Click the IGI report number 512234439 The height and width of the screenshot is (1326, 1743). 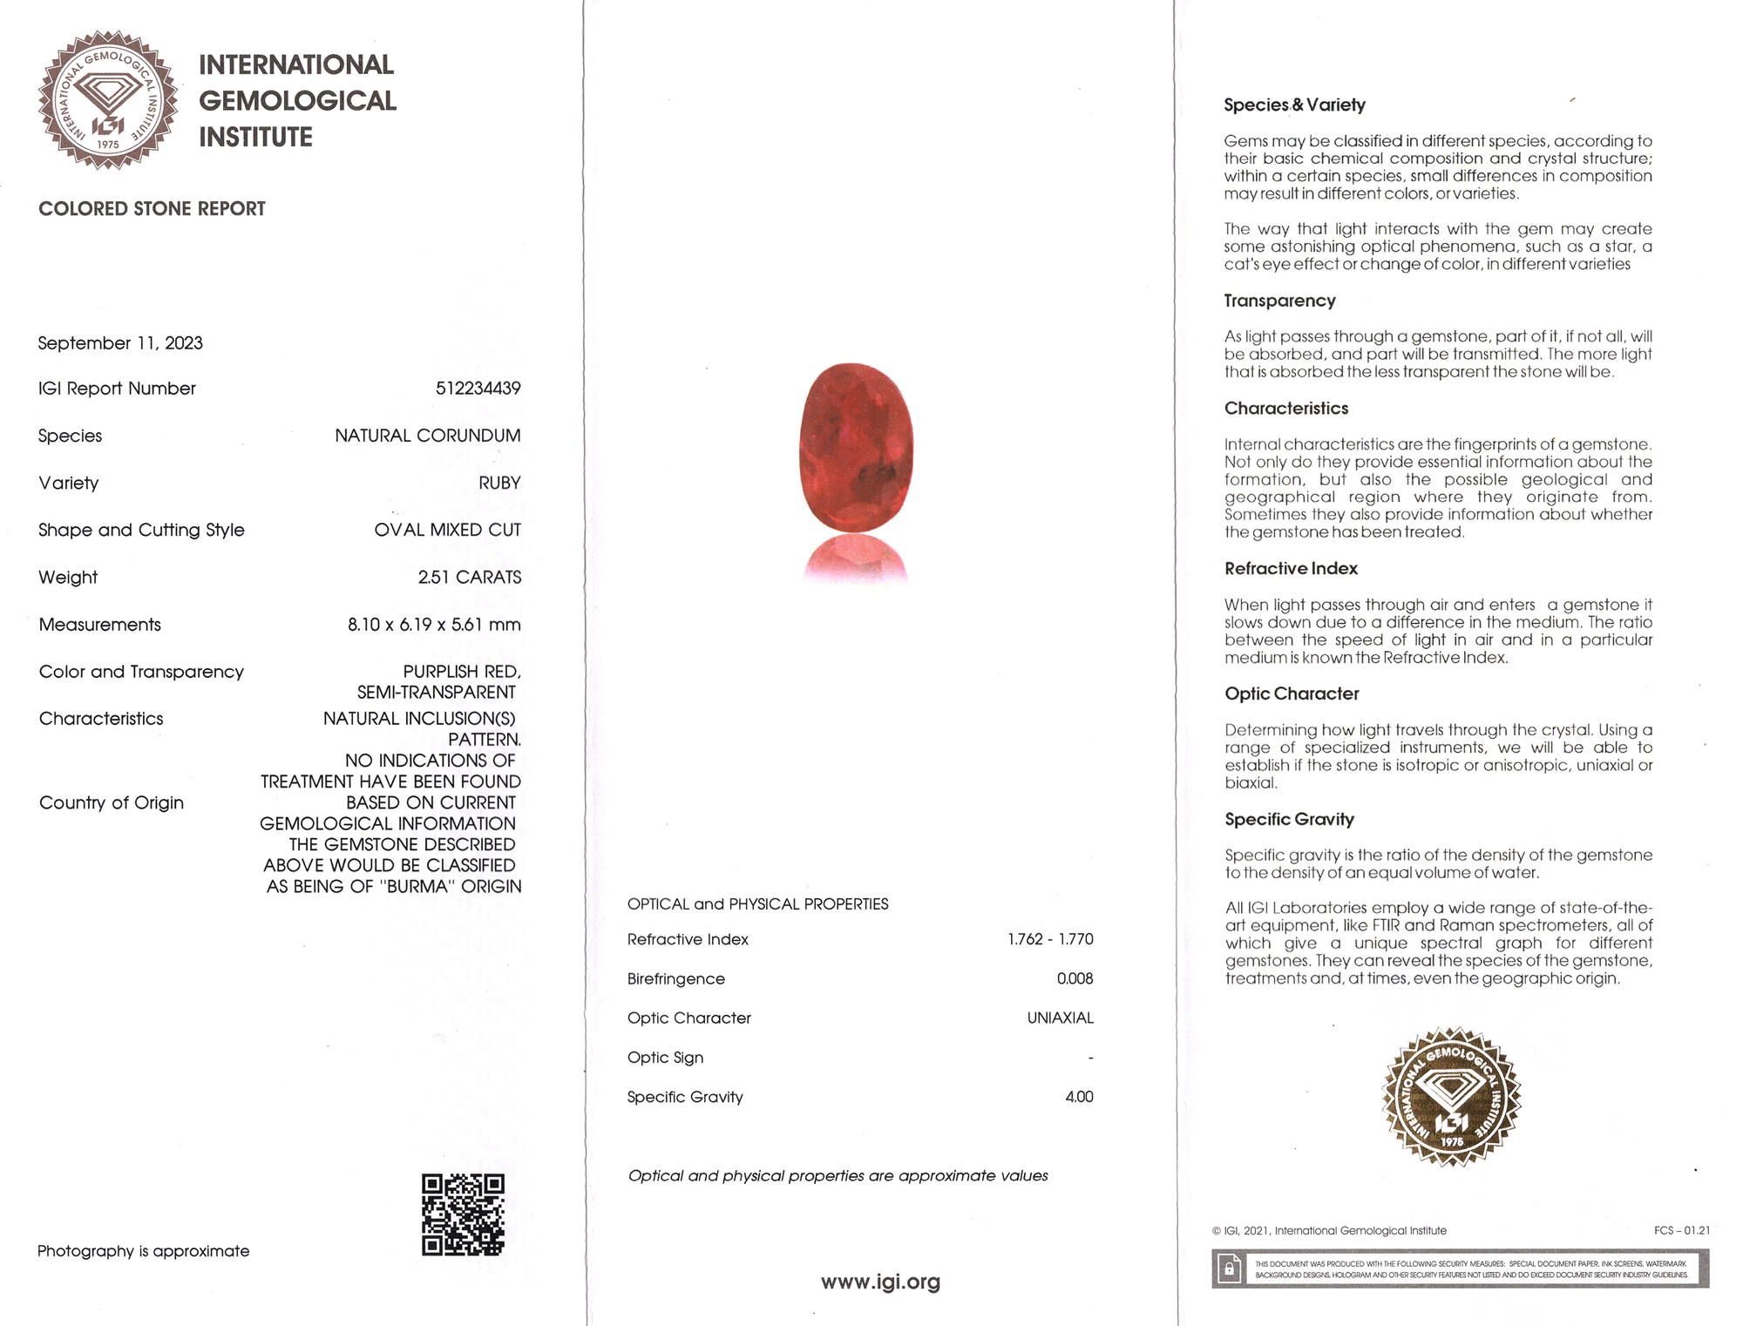tap(478, 389)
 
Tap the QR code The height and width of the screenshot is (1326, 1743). tap(463, 1214)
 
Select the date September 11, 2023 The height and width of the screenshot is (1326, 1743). tap(120, 343)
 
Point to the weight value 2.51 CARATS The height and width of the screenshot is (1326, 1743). tap(469, 578)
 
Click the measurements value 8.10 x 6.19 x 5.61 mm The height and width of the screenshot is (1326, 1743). tap(434, 625)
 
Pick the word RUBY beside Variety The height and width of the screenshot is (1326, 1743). tap(499, 483)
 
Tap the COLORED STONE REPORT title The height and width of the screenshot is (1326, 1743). tap(152, 209)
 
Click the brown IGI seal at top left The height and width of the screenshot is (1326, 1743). tap(108, 100)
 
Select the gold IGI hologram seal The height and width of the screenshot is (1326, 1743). tap(1451, 1096)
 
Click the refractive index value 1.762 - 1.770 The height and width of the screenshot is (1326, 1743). tap(1050, 939)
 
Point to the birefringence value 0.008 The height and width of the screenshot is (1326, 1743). tap(1075, 978)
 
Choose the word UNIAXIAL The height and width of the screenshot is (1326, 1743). tap(1060, 1018)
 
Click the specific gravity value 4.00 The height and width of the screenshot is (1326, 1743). tap(1079, 1097)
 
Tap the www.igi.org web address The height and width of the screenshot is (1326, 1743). tap(880, 1282)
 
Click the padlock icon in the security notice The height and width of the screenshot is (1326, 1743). tap(1229, 1268)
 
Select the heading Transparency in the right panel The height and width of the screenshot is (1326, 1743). tap(1279, 301)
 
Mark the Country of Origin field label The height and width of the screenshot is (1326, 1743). tap(112, 802)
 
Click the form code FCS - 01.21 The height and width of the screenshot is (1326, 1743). tap(1681, 1230)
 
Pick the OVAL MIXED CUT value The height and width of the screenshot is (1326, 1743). tap(447, 530)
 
